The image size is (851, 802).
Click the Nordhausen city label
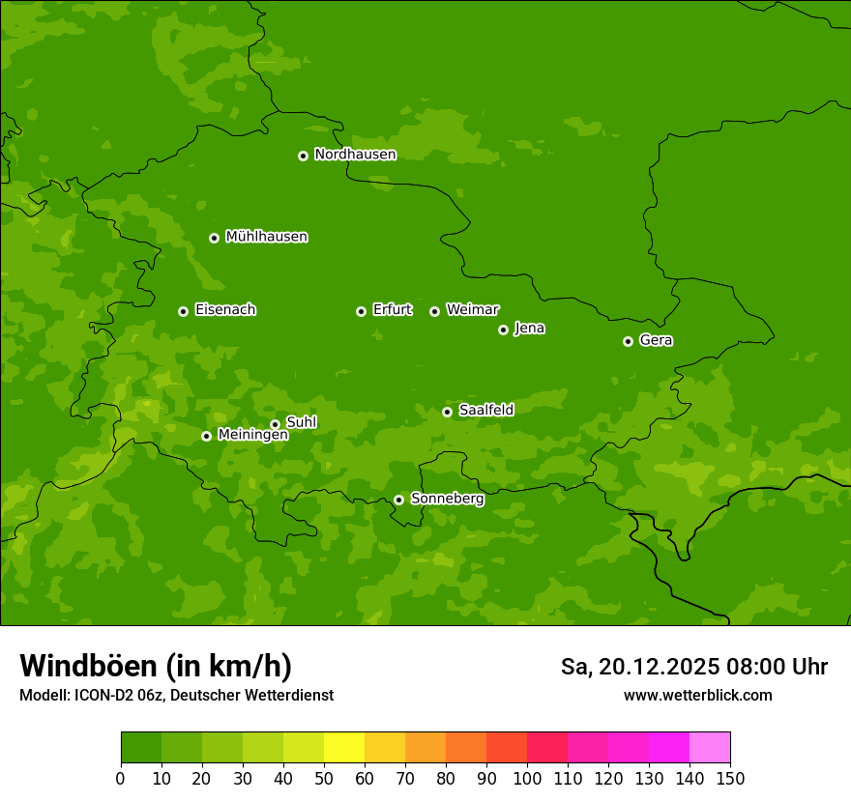coord(355,155)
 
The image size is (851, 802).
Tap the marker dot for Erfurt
coord(361,311)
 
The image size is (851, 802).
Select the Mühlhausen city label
coord(266,237)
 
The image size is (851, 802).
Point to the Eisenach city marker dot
coord(183,311)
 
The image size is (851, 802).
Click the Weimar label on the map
coord(472,310)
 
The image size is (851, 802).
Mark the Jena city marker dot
coord(503,329)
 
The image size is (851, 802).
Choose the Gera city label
coord(656,340)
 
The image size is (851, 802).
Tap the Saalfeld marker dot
coord(447,412)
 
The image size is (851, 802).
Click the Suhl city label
coord(301,422)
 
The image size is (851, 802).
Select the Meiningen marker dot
coord(206,436)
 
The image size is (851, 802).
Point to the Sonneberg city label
coord(447,499)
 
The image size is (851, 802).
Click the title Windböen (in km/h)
coord(156,666)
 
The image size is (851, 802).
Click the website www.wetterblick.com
coord(697,695)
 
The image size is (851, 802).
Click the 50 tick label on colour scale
coord(324,778)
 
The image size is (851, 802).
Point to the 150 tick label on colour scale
coord(729,778)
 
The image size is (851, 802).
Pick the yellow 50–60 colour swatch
coord(344,747)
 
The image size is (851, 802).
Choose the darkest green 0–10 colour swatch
coord(141,747)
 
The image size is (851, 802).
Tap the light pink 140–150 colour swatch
coord(710,747)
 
